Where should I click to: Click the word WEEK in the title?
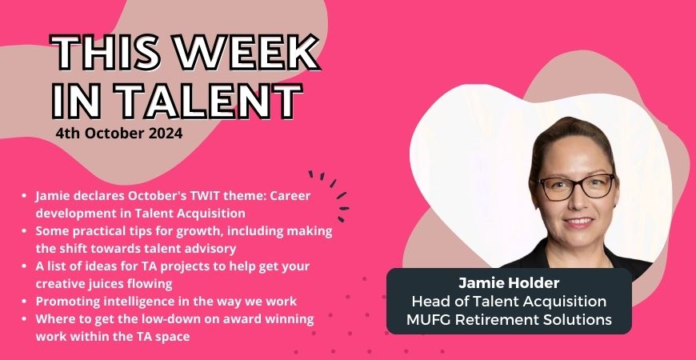click(x=246, y=53)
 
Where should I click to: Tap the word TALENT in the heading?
click(x=207, y=100)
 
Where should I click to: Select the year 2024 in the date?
click(x=165, y=134)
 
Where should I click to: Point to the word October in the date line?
click(x=114, y=134)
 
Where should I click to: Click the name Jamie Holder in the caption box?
click(x=509, y=282)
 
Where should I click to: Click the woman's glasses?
click(x=577, y=187)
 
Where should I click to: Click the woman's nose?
click(x=578, y=202)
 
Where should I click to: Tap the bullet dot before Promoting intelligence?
click(x=24, y=302)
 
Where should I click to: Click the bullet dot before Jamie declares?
click(x=24, y=196)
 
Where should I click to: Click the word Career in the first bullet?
click(x=292, y=196)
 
